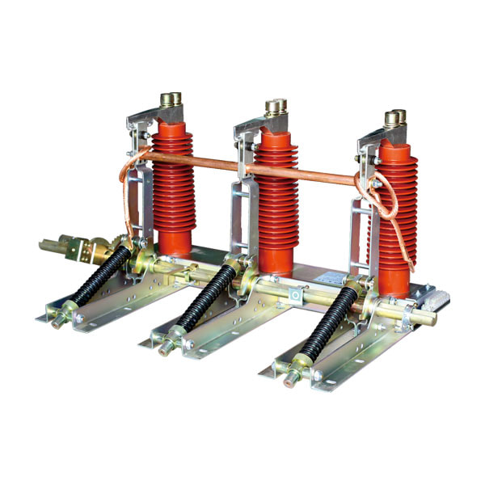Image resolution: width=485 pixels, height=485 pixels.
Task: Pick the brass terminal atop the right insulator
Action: click(393, 119)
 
